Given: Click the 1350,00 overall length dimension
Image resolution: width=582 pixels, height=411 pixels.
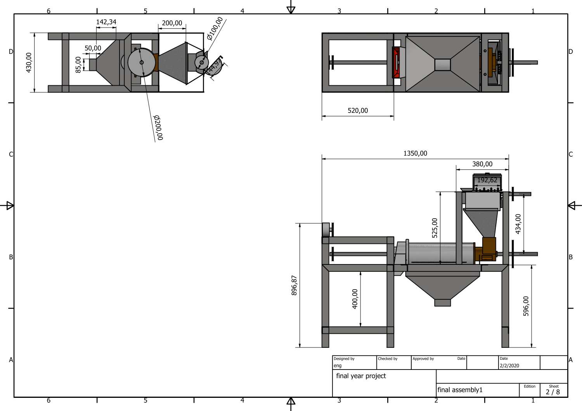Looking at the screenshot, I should [x=415, y=154].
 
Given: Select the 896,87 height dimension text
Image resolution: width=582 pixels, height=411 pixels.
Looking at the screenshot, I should [x=294, y=285].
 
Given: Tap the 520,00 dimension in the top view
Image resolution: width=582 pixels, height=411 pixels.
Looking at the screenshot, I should [x=358, y=111].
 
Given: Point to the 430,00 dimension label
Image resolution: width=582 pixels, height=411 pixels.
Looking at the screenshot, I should [x=29, y=63].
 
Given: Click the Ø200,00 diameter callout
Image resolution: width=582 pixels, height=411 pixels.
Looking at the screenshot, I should [x=158, y=127].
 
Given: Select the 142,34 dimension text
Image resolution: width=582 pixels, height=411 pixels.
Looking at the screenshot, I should [x=106, y=22].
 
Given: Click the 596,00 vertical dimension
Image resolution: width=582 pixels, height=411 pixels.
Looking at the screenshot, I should [x=526, y=306].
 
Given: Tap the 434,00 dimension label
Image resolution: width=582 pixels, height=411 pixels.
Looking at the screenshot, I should [x=518, y=224].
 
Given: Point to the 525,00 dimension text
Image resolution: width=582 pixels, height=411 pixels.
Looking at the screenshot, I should [x=435, y=228].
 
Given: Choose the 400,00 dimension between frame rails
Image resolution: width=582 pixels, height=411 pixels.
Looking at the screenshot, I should [x=355, y=299].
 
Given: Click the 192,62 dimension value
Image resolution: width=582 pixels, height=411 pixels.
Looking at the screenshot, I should [x=487, y=180].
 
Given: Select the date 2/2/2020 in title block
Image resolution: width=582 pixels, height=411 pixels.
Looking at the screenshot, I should [x=509, y=366].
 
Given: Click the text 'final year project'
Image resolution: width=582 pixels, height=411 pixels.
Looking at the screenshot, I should [x=361, y=376].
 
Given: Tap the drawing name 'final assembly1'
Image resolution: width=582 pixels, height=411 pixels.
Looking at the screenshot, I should [x=460, y=390].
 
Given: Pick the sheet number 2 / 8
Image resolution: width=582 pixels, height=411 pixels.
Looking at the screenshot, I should [x=553, y=392].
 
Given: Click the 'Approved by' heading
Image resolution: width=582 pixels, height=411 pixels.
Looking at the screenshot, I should [x=423, y=359].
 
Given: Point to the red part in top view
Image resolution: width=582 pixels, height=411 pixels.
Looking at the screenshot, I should [x=397, y=63].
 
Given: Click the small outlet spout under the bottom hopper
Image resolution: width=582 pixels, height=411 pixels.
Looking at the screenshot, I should [x=442, y=302].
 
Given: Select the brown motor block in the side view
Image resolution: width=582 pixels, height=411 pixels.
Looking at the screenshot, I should [x=489, y=248].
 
